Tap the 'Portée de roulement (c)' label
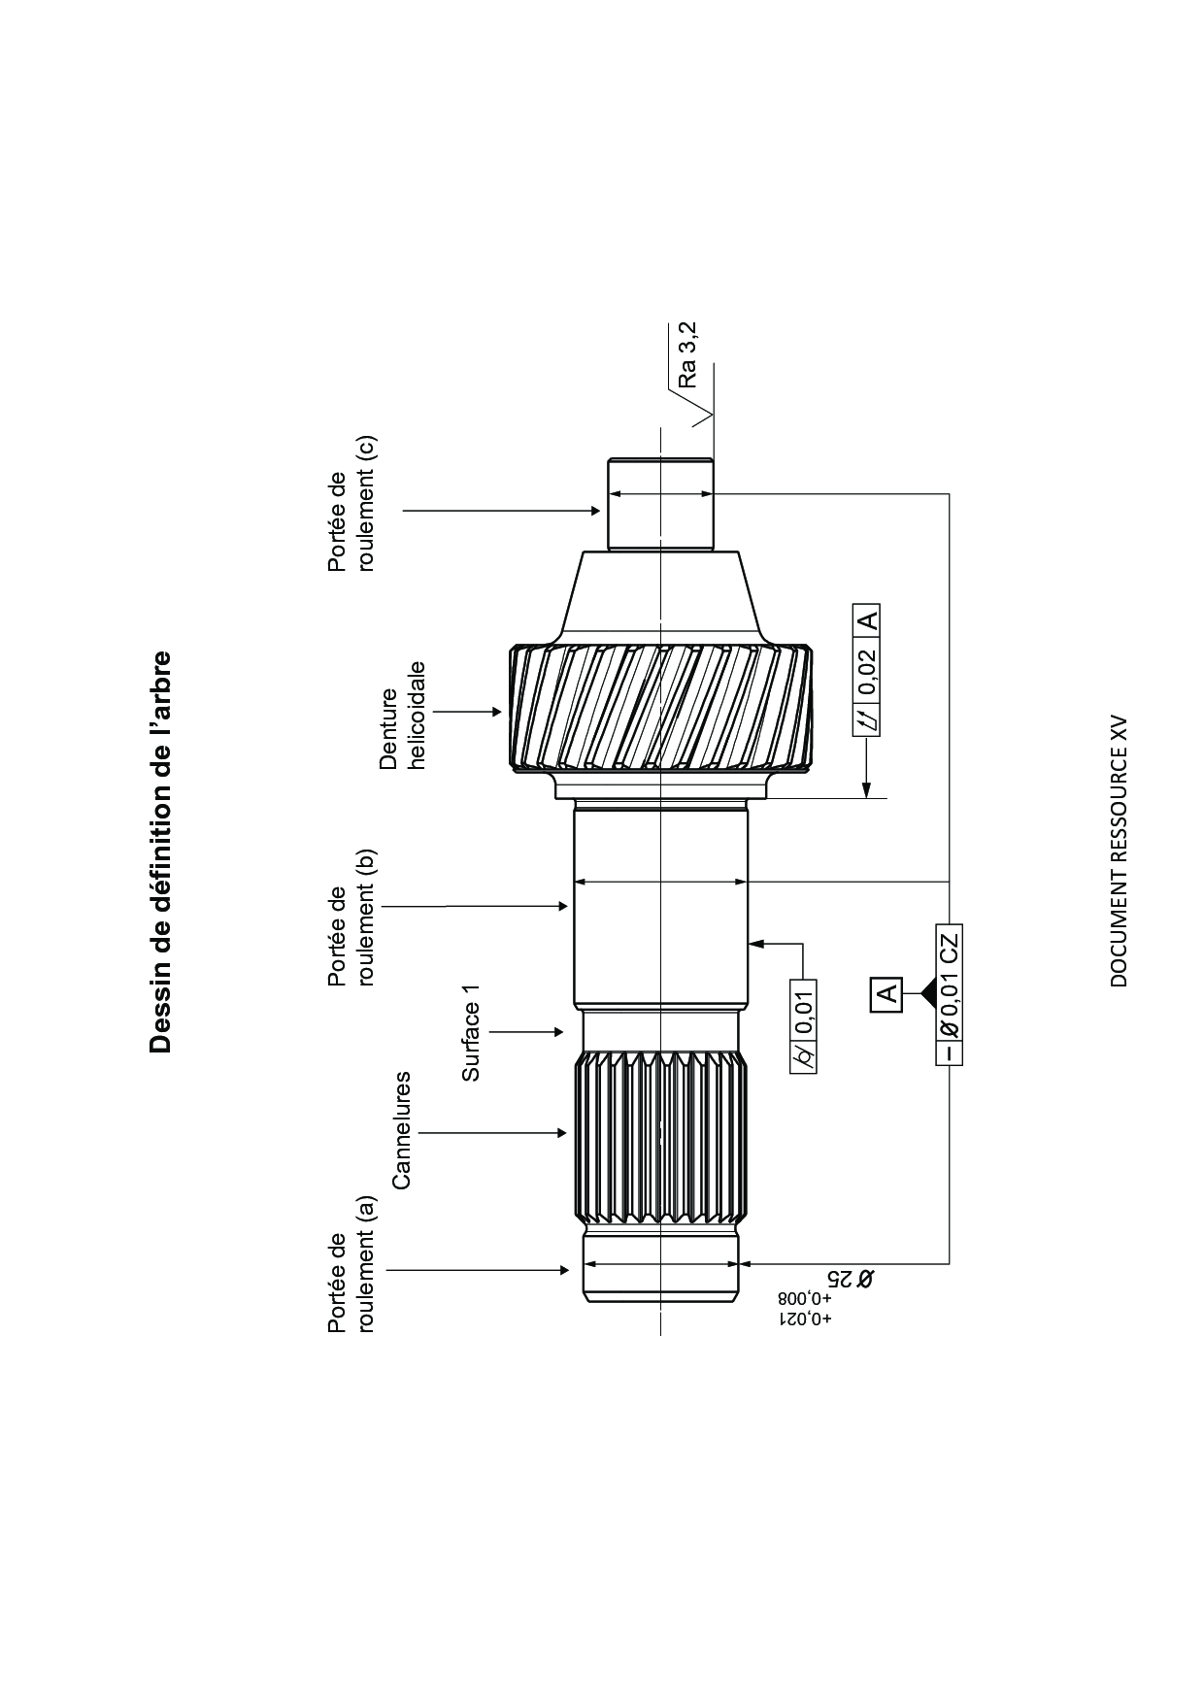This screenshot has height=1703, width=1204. point(351,503)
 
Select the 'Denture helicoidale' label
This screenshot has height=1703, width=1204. point(403,716)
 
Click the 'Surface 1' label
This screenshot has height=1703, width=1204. point(471,1031)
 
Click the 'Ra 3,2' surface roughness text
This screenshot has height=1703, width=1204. point(687,355)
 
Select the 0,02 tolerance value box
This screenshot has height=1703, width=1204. point(867,671)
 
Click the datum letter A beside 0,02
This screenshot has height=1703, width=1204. point(867,618)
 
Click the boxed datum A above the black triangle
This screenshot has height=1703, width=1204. point(886,992)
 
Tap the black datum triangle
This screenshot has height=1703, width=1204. point(926,992)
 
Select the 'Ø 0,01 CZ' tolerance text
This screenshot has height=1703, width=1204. point(950,985)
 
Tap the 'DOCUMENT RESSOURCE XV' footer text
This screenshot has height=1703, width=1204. point(1119,852)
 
